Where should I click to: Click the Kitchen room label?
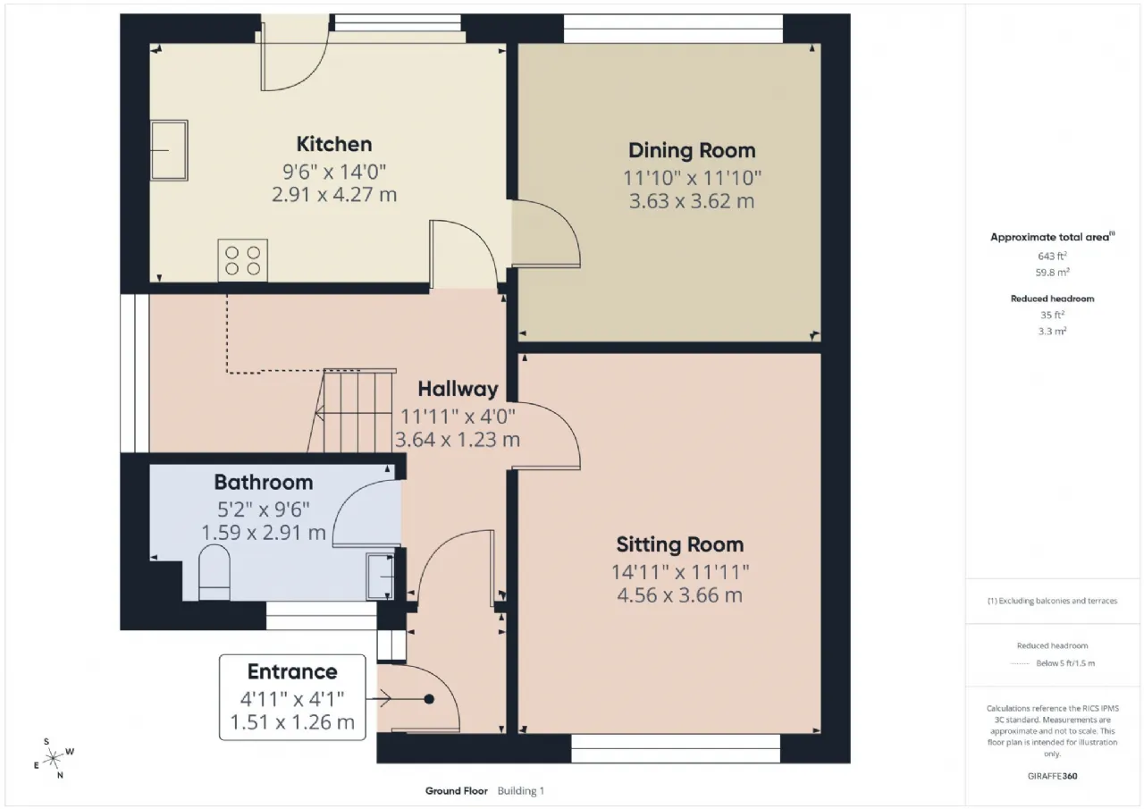pos(334,145)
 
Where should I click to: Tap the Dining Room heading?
pos(692,151)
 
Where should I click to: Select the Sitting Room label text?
pos(680,545)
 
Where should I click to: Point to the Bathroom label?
pos(264,482)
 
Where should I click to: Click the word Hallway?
pos(458,389)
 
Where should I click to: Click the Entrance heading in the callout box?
pos(292,671)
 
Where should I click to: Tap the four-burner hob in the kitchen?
pos(242,260)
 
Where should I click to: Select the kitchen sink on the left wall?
pos(169,151)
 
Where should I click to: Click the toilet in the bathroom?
pos(214,573)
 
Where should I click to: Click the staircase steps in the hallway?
pos(351,410)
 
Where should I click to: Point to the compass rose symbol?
pos(53,759)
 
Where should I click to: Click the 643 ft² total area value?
pos(1052,256)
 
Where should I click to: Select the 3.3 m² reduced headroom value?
pos(1052,331)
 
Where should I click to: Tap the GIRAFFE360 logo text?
pos(1052,776)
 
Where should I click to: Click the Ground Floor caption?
pos(457,791)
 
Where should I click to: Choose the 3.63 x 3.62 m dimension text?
pos(692,201)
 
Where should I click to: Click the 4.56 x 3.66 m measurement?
pos(680,595)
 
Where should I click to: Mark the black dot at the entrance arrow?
pos(429,699)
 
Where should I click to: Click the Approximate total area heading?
pos(1052,237)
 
